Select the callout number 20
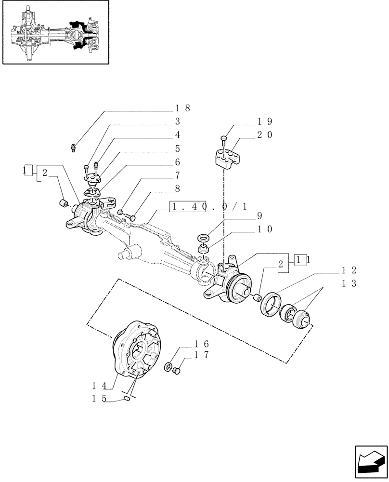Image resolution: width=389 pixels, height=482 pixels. (x=264, y=135)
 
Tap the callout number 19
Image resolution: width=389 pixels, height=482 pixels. (x=264, y=122)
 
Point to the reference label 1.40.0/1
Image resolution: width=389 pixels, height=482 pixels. (x=209, y=207)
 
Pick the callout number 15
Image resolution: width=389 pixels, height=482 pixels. (x=99, y=399)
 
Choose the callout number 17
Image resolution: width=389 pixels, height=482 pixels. (x=202, y=355)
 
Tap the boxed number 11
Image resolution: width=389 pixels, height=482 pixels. (x=302, y=260)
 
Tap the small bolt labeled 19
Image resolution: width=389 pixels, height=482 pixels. (x=224, y=140)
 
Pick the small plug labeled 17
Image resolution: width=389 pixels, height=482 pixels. (x=176, y=371)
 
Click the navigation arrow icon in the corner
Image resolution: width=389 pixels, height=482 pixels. (x=370, y=462)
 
